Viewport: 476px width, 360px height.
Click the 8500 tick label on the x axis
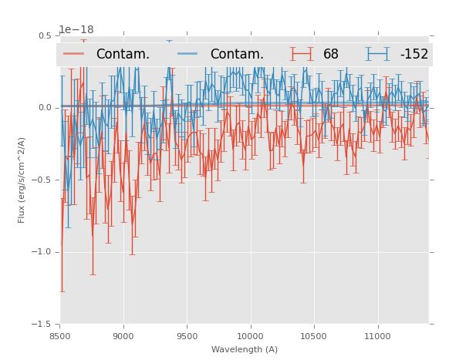click(60, 336)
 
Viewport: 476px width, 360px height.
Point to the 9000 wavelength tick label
click(123, 336)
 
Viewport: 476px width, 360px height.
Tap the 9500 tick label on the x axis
click(187, 336)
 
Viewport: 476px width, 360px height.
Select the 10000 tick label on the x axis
click(250, 336)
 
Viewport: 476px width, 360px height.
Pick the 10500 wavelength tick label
click(314, 336)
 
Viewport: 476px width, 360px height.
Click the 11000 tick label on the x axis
click(377, 336)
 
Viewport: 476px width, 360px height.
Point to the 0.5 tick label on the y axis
click(45, 35)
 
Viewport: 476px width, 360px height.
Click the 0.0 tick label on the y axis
click(45, 108)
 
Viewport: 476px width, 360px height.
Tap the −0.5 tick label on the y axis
click(42, 180)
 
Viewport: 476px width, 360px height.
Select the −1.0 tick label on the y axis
click(42, 252)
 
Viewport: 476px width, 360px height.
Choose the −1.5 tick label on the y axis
click(42, 325)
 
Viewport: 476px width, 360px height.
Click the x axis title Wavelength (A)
click(245, 349)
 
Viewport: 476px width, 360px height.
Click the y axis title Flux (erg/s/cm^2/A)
click(22, 180)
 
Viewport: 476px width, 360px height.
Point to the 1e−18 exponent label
click(76, 30)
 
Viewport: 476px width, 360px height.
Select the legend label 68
click(331, 54)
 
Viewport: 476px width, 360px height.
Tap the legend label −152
click(414, 54)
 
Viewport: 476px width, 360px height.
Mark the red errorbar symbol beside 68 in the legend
click(303, 54)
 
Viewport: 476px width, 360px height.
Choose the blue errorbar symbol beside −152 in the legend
click(379, 54)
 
